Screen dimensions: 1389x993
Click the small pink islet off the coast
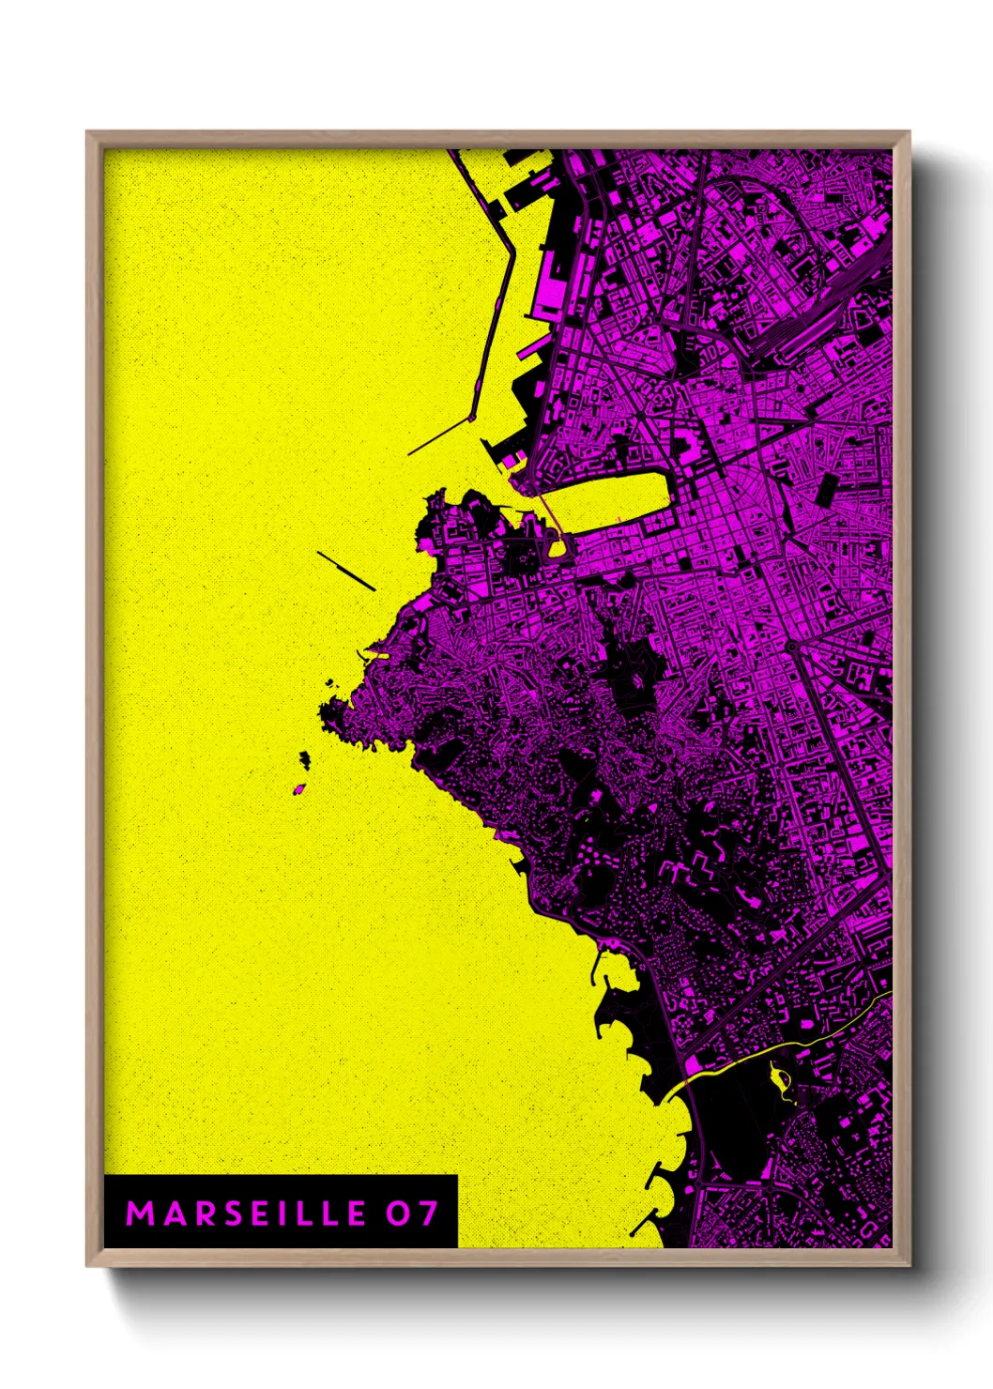pos(299,788)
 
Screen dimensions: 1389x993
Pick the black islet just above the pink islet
pos(305,757)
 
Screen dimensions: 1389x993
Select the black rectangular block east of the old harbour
pos(829,489)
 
